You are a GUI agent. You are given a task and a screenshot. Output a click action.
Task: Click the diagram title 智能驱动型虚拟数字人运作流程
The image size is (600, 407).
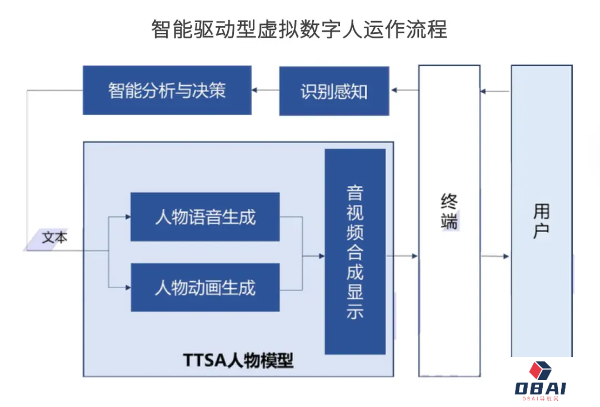point(299,29)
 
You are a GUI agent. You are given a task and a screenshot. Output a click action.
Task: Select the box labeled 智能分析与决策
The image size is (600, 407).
point(167,91)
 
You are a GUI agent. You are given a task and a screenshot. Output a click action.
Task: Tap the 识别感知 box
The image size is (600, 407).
point(334,91)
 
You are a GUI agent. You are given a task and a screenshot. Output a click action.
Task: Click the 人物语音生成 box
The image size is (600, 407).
point(205,217)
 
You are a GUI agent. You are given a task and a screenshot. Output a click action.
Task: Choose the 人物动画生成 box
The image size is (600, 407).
point(205,288)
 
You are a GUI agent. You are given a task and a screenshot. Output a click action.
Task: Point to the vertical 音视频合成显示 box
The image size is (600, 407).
point(355,252)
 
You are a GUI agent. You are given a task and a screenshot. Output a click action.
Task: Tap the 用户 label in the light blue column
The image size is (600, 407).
point(541,221)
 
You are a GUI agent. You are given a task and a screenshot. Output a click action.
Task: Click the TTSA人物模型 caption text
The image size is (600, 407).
point(238,361)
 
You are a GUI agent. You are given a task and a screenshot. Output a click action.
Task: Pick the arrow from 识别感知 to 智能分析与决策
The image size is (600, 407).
point(265,90)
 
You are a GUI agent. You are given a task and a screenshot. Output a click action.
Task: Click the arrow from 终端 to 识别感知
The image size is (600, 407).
point(404,90)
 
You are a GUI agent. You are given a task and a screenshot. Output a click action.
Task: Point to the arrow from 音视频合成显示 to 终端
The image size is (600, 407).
point(402,256)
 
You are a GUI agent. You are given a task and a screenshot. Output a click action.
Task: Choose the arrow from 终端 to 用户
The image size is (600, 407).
point(496,256)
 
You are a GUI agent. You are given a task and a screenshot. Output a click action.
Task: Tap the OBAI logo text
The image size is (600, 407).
point(540,388)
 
